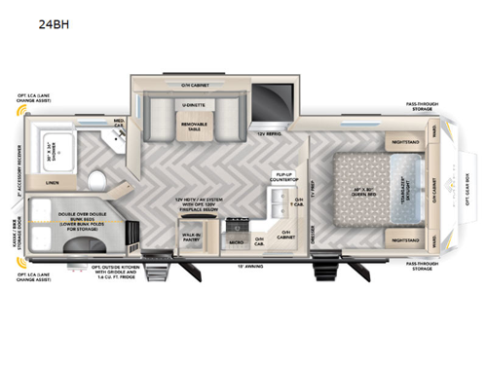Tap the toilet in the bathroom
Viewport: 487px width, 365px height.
coord(101,179)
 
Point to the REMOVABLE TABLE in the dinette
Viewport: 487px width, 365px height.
coord(194,124)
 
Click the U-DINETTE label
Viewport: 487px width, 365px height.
coord(193,101)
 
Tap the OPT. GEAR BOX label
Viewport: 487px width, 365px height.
coord(476,190)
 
